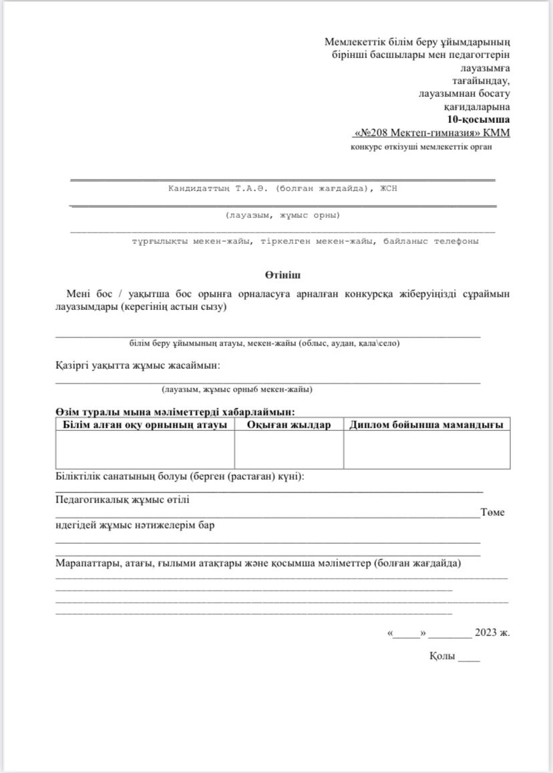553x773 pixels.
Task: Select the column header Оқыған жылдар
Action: (289, 425)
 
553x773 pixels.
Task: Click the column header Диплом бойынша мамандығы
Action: (426, 425)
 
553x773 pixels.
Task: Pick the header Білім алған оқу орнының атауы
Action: (145, 425)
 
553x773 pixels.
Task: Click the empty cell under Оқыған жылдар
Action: (289, 450)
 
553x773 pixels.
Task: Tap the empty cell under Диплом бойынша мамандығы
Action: (426, 450)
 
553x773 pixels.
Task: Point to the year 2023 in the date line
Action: (486, 632)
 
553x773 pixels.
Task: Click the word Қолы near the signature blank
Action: (442, 657)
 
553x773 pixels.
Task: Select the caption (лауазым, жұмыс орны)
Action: (283, 215)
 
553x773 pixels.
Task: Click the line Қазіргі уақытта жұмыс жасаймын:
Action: (138, 365)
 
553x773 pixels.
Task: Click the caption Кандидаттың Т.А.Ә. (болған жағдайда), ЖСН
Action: (283, 189)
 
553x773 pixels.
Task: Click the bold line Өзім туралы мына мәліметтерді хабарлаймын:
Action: (175, 413)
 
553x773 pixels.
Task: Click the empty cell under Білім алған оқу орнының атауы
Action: (145, 450)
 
